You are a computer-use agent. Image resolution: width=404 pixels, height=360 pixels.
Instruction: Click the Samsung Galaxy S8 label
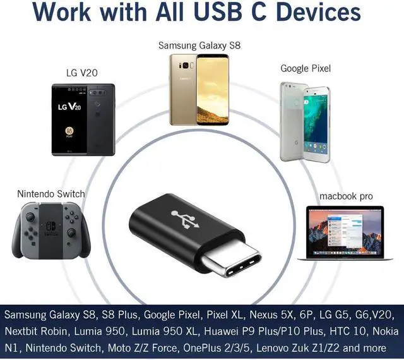click(199, 45)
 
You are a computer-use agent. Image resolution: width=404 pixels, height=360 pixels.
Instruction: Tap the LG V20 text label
click(83, 73)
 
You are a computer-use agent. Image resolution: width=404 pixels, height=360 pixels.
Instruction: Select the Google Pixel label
click(306, 68)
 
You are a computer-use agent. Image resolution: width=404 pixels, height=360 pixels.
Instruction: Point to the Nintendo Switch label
click(50, 193)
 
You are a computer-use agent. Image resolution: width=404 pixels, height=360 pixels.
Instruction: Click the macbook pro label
click(346, 196)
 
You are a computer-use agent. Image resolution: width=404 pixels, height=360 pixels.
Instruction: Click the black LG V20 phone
click(83, 119)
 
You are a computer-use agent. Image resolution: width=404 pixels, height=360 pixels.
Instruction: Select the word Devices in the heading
click(316, 13)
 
